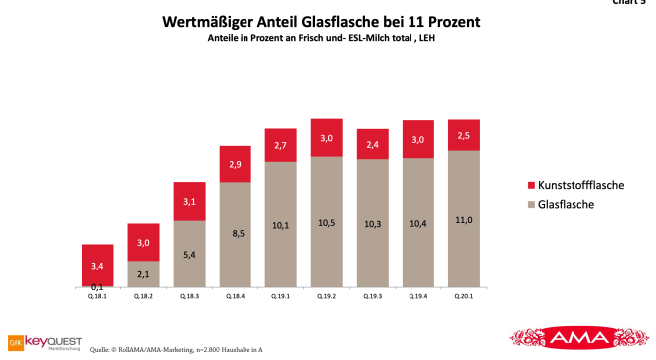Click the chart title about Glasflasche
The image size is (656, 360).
[327, 19]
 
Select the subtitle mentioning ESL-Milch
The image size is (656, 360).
[327, 38]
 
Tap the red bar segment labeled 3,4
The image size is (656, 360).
[96, 266]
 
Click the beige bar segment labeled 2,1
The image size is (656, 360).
[142, 274]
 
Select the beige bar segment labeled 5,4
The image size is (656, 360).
[189, 254]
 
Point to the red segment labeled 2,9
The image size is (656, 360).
[235, 163]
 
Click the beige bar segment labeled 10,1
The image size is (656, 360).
[280, 225]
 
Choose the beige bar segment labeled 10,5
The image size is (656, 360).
[326, 223]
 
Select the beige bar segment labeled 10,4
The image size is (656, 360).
[417, 224]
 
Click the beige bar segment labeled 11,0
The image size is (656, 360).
[464, 220]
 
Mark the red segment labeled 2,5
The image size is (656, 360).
[464, 134]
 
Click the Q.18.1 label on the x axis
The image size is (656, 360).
[96, 295]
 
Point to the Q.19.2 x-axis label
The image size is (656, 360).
[326, 295]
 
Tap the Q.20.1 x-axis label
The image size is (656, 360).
[464, 295]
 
